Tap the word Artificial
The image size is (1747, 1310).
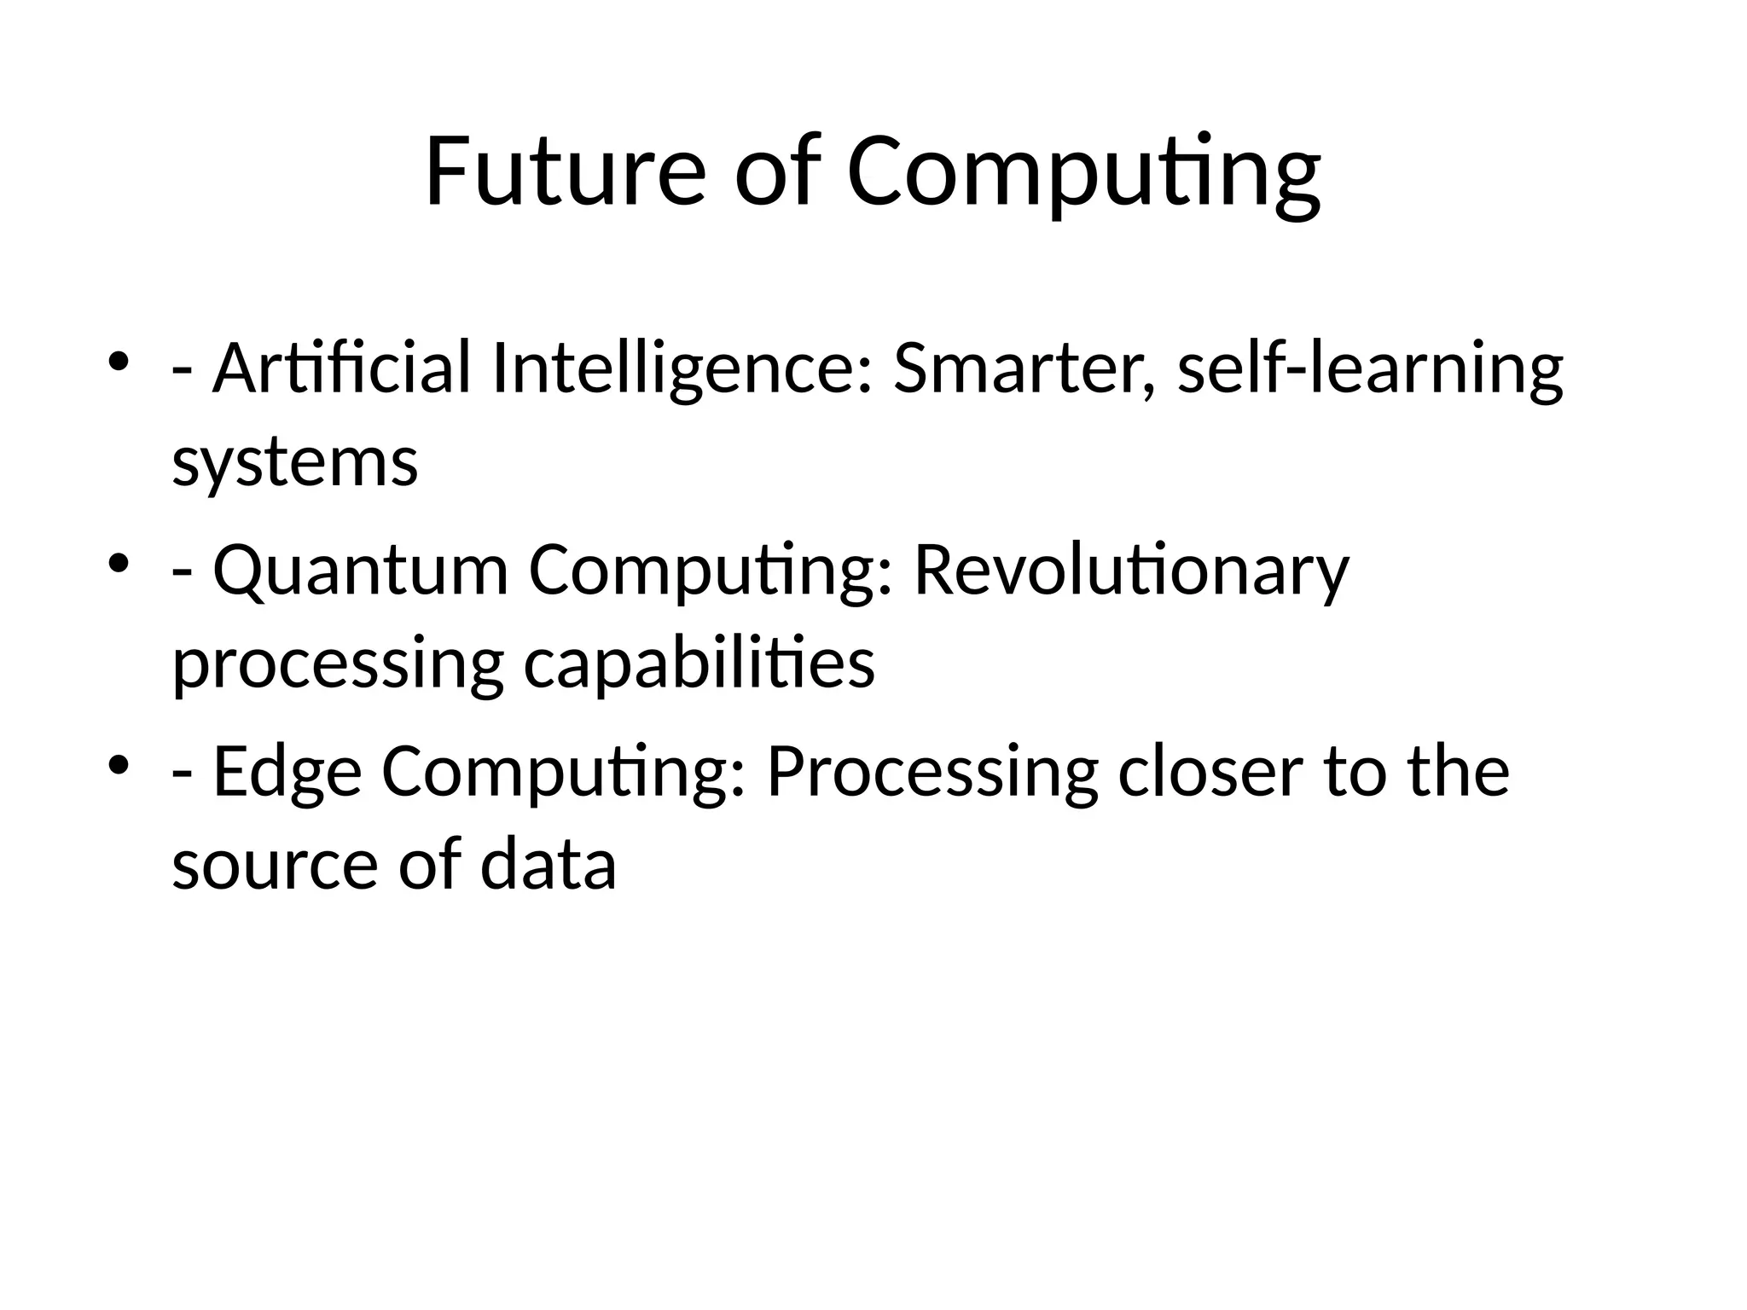click(341, 368)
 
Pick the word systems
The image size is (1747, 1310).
click(295, 463)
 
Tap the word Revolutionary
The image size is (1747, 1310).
click(1131, 571)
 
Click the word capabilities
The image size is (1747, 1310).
click(699, 665)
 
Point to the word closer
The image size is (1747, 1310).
click(1210, 772)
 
